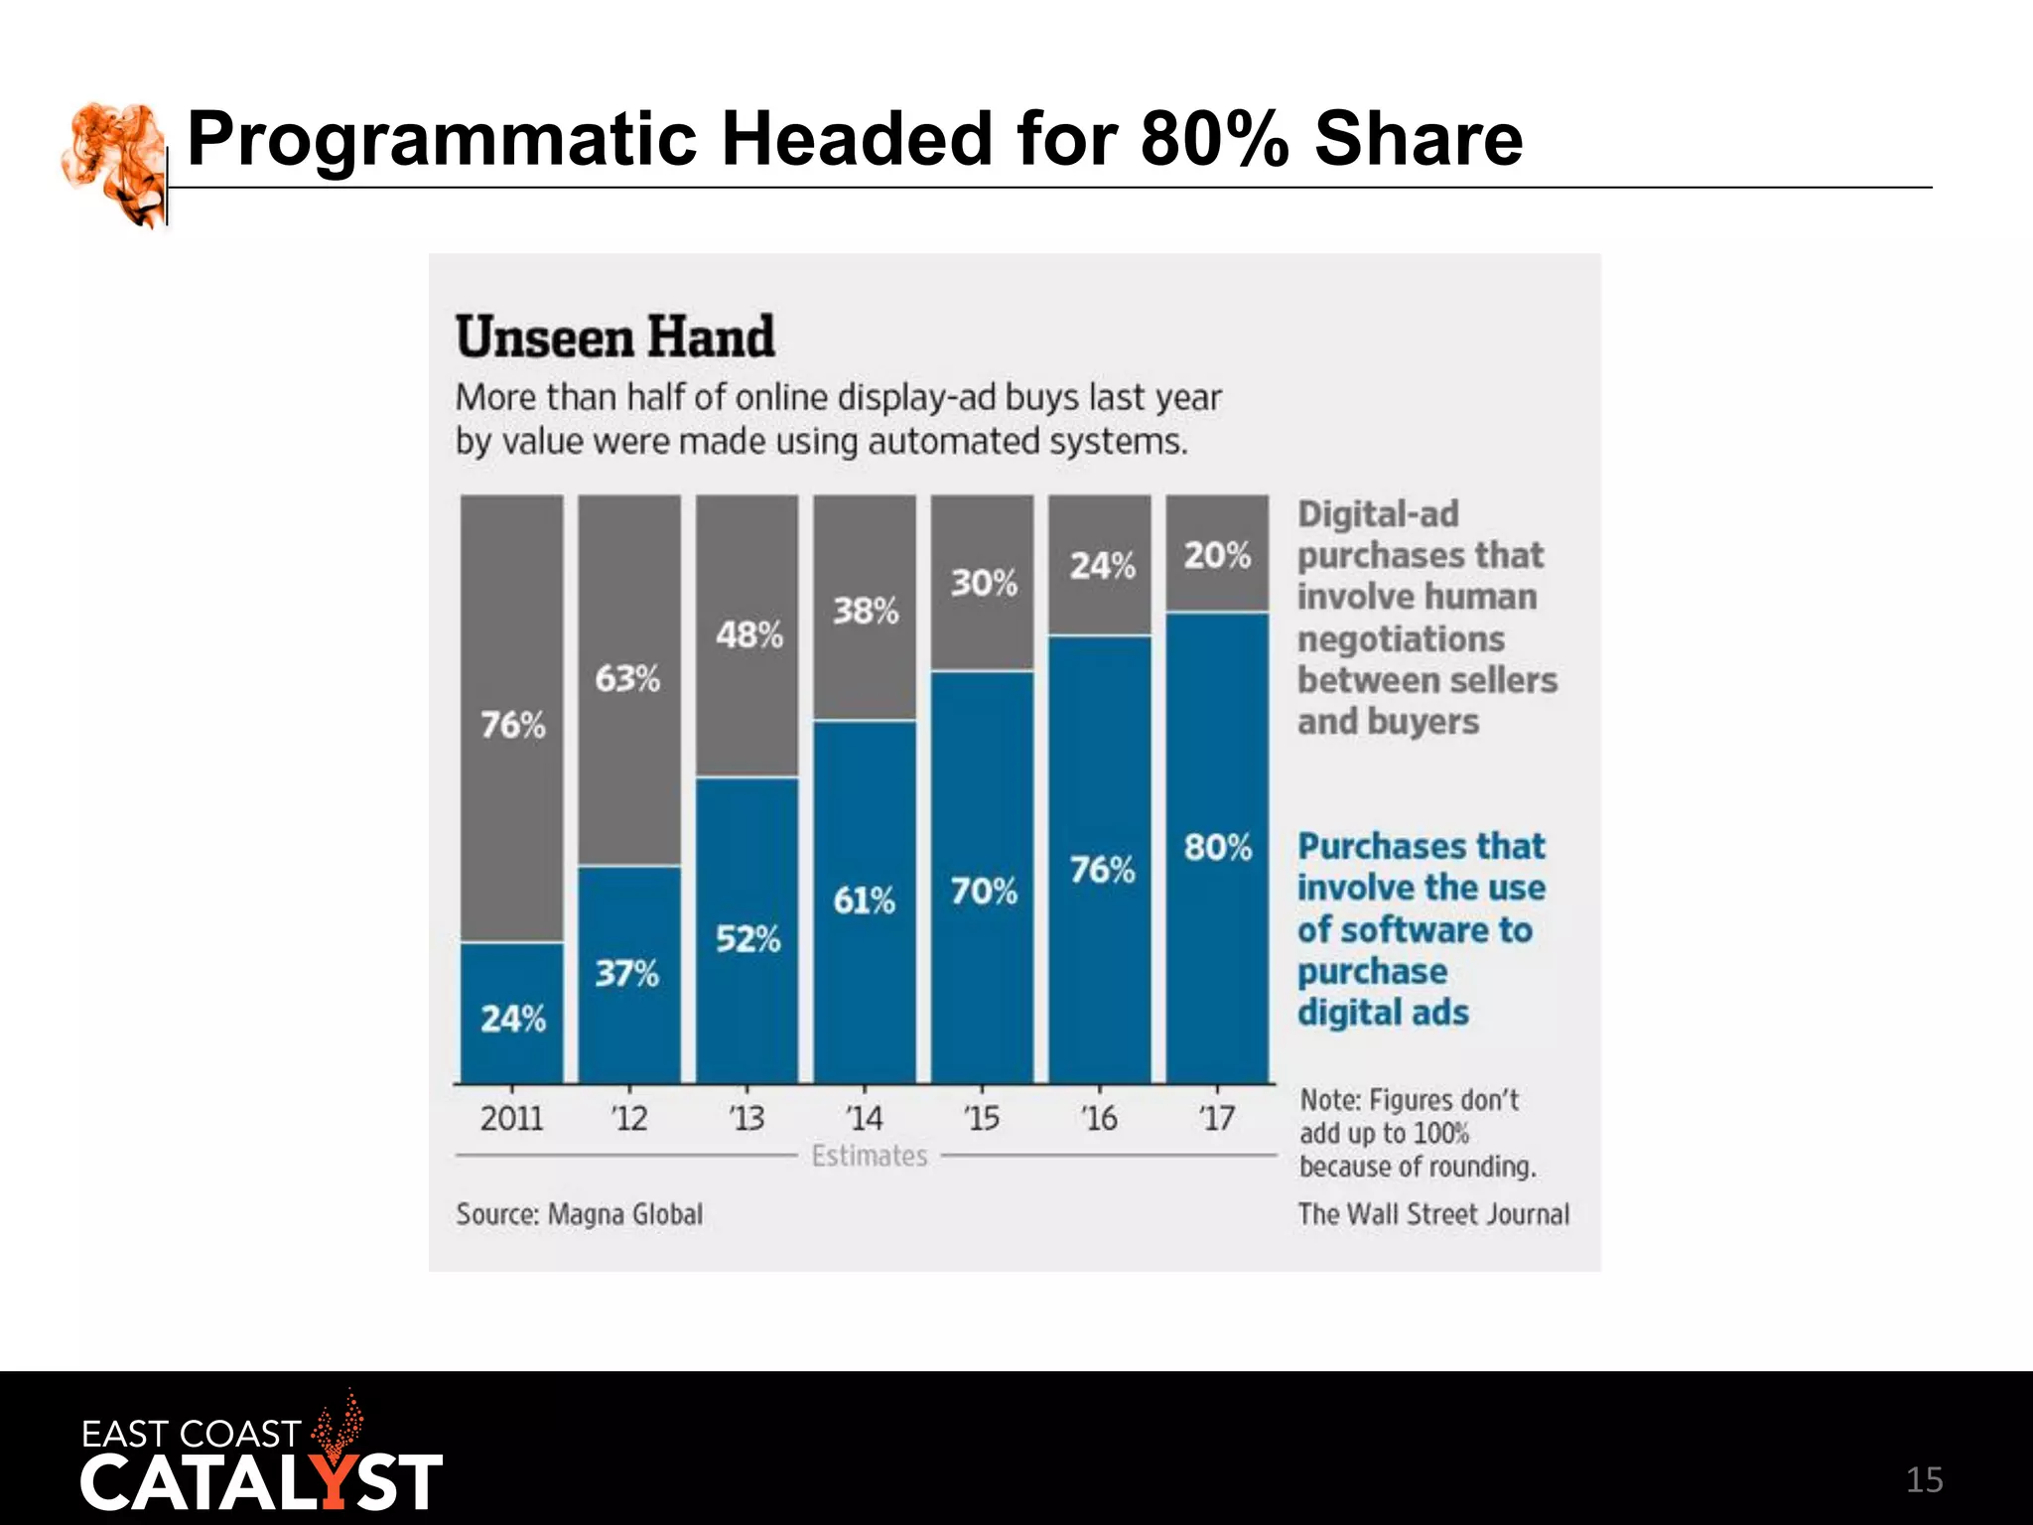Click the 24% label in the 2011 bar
pyautogui.click(x=513, y=1019)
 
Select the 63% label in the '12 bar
pyautogui.click(x=627, y=679)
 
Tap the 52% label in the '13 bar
pyautogui.click(x=748, y=938)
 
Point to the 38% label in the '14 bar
pyautogui.click(x=866, y=611)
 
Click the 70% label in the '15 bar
pyautogui.click(x=984, y=891)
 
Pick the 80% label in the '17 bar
pyautogui.click(x=1218, y=848)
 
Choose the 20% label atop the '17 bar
pyautogui.click(x=1218, y=555)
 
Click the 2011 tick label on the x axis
pyautogui.click(x=511, y=1119)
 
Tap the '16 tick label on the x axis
pyautogui.click(x=1100, y=1119)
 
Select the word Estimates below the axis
pyautogui.click(x=870, y=1156)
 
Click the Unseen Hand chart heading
pyautogui.click(x=615, y=337)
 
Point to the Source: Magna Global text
pyautogui.click(x=580, y=1214)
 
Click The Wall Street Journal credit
pyautogui.click(x=1433, y=1214)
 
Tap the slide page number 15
pyautogui.click(x=1924, y=1480)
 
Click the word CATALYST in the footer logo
pyautogui.click(x=261, y=1483)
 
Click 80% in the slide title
pyautogui.click(x=1214, y=138)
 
